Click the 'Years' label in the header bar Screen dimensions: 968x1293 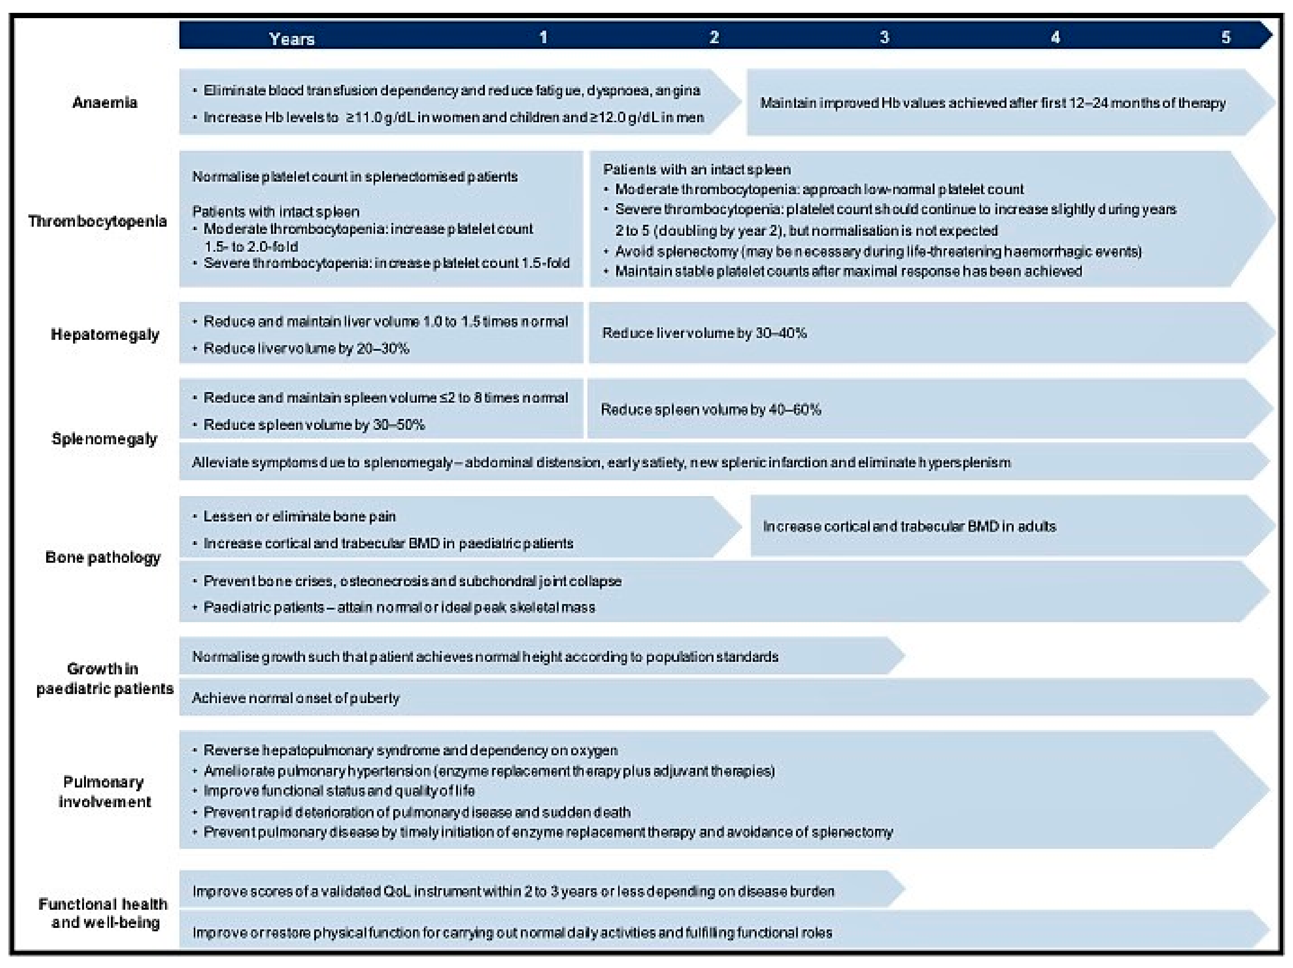click(x=292, y=39)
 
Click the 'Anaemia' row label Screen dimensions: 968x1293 click(x=104, y=102)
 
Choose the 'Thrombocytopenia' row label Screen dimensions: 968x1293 click(x=98, y=221)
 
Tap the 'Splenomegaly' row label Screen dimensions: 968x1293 click(x=104, y=439)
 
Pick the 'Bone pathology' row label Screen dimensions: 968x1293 click(x=103, y=557)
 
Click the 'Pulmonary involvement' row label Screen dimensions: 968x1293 click(x=104, y=792)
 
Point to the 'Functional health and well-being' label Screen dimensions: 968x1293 click(x=103, y=913)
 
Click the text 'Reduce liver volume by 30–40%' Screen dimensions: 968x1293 click(x=704, y=333)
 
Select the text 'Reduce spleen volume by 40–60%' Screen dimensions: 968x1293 click(x=711, y=409)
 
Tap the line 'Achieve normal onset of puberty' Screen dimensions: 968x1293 click(x=296, y=698)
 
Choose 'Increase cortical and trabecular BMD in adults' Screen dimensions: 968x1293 click(x=910, y=526)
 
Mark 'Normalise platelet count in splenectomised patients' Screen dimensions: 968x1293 click(x=355, y=176)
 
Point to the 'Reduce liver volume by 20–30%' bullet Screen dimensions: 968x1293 click(x=306, y=349)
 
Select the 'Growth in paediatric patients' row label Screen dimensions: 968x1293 click(x=104, y=678)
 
